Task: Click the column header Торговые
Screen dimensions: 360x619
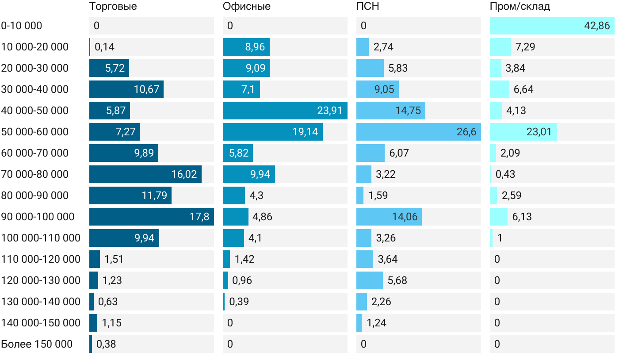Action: click(x=113, y=7)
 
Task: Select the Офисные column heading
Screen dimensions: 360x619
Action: click(x=247, y=7)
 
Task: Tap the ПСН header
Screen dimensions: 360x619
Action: click(x=368, y=7)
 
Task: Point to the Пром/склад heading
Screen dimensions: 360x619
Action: click(x=520, y=7)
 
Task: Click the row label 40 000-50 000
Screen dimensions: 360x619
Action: click(x=35, y=111)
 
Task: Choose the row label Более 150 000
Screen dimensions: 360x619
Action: click(x=37, y=344)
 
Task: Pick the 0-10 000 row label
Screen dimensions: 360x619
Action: click(x=22, y=26)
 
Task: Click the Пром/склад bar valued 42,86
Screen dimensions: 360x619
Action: click(x=552, y=26)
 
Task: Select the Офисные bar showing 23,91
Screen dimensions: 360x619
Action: click(x=285, y=111)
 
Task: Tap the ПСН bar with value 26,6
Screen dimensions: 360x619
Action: click(x=418, y=132)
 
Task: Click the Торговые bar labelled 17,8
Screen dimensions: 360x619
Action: click(x=151, y=217)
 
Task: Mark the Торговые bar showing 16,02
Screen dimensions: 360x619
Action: click(x=145, y=174)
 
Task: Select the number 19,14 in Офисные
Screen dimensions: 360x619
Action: click(x=305, y=132)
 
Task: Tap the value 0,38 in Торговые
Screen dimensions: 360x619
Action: click(x=106, y=344)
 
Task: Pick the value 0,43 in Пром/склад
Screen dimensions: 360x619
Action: click(x=505, y=174)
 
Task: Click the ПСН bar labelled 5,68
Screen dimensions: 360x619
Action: click(x=369, y=280)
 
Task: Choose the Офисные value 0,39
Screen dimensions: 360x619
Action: click(x=239, y=302)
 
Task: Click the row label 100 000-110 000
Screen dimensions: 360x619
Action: click(x=41, y=238)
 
